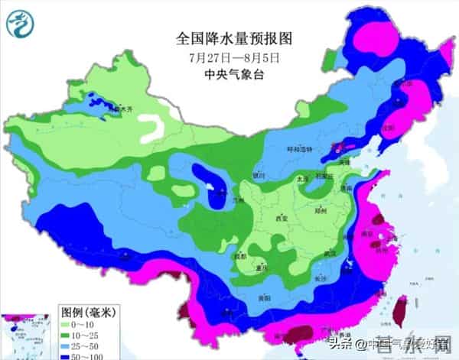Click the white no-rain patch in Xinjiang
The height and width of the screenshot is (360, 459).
click(158, 127)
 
